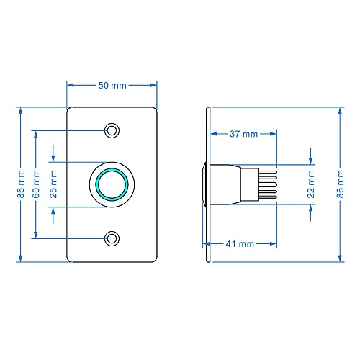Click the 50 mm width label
(112, 85)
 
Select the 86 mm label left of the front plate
(21, 184)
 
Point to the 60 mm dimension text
(35, 184)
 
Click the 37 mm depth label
(243, 134)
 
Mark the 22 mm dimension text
(311, 184)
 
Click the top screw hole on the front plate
(112, 130)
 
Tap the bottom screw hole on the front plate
(112, 238)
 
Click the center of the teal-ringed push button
(112, 184)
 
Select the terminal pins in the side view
(267, 184)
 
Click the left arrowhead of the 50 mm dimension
(70, 85)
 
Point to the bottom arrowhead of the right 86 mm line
(341, 258)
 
